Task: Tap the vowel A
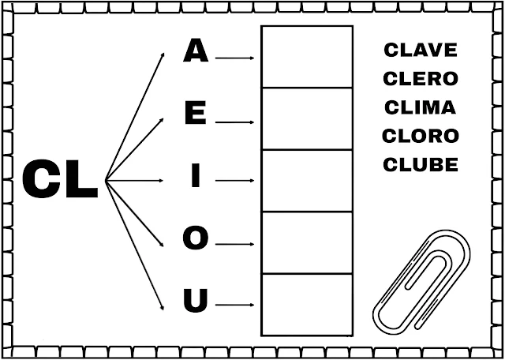point(196,52)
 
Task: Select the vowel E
point(196,115)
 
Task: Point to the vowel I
point(196,178)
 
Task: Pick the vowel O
point(196,238)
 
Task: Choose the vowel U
point(196,301)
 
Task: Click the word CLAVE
point(421,50)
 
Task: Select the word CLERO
point(421,78)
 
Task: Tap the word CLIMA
point(421,107)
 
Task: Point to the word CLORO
point(421,136)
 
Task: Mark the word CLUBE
point(421,164)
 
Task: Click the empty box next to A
point(306,57)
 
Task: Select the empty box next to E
point(306,118)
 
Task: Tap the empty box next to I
point(306,180)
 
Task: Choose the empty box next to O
point(306,242)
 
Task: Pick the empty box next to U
point(306,303)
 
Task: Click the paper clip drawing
point(422,281)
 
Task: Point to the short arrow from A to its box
point(234,58)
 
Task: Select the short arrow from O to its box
point(234,242)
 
